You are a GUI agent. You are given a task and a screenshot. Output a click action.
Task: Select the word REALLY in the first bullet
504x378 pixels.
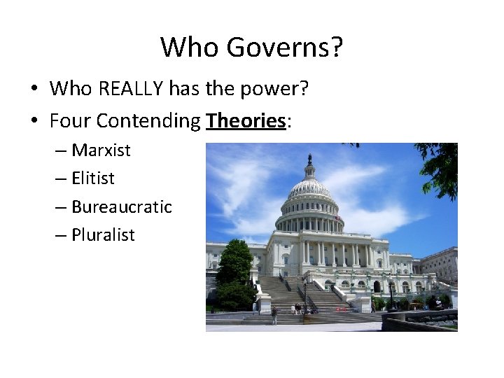pyautogui.click(x=132, y=89)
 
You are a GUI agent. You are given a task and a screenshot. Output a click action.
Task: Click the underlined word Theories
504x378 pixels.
pyautogui.click(x=246, y=121)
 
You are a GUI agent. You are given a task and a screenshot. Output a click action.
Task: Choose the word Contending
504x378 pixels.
pyautogui.click(x=148, y=121)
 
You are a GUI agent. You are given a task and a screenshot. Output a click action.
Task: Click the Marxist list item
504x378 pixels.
pyautogui.click(x=101, y=150)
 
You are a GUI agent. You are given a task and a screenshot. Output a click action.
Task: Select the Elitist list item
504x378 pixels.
pyautogui.click(x=93, y=178)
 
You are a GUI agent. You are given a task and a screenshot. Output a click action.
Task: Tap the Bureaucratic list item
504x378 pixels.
pyautogui.click(x=121, y=206)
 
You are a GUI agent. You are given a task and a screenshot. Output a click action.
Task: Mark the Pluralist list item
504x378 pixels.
pyautogui.click(x=103, y=235)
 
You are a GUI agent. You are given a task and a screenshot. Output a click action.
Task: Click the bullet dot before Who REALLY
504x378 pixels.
pyautogui.click(x=33, y=90)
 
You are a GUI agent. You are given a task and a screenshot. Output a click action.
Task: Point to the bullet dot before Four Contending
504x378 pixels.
pyautogui.click(x=33, y=122)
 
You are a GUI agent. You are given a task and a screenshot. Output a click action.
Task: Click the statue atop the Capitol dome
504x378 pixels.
pyautogui.click(x=309, y=159)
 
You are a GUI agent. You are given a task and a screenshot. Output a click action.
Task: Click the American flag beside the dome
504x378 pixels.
pyautogui.click(x=337, y=218)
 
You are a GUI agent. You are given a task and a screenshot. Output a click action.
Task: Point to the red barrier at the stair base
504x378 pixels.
pyautogui.click(x=342, y=309)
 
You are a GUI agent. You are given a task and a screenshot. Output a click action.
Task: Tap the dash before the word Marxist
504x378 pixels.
pyautogui.click(x=60, y=150)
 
